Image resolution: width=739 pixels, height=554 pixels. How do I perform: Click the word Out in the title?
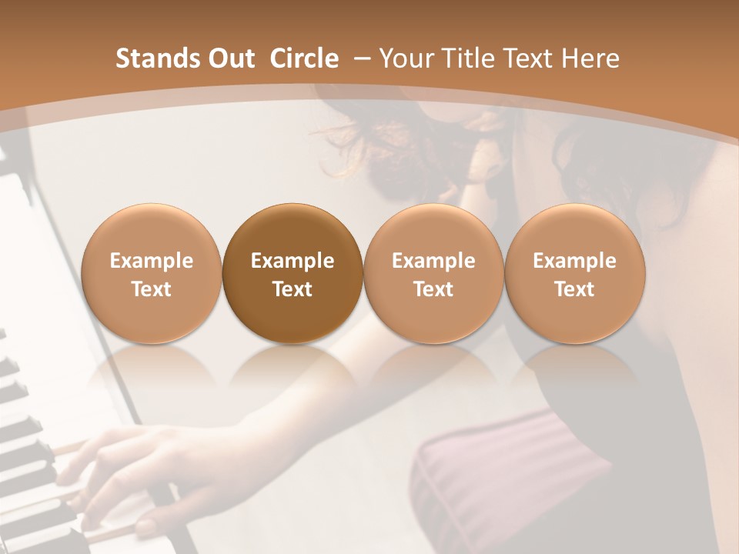[x=230, y=58]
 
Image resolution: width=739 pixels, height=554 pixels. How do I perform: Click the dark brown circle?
[x=293, y=273]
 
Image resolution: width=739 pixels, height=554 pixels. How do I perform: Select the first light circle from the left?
[x=151, y=273]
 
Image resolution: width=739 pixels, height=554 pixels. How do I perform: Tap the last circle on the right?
[x=575, y=273]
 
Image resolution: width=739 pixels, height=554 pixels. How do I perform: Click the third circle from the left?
[x=433, y=273]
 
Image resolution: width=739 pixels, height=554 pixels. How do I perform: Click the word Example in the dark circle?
[x=293, y=261]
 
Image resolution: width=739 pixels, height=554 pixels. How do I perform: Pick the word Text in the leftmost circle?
[x=151, y=289]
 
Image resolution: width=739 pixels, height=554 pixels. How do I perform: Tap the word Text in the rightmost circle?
[x=575, y=289]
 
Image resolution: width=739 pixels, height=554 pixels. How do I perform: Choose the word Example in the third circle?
[x=433, y=261]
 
